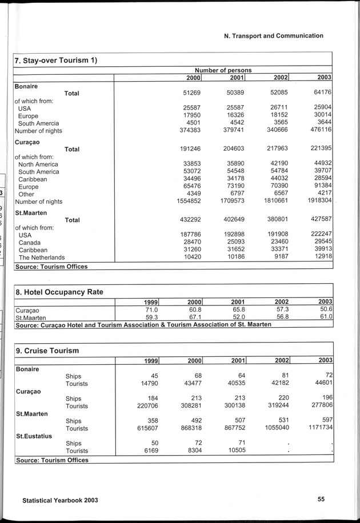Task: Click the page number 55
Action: click(321, 499)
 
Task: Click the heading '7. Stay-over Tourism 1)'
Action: click(55, 60)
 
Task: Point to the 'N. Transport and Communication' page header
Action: click(274, 35)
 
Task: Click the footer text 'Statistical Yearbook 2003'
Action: click(60, 500)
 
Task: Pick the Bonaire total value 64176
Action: click(321, 92)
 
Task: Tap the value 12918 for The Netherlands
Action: click(321, 258)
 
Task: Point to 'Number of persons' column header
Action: click(223, 70)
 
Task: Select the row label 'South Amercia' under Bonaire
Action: click(38, 123)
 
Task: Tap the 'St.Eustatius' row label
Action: click(33, 436)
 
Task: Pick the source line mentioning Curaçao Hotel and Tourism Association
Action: click(143, 324)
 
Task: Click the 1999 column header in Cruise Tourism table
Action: click(149, 361)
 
